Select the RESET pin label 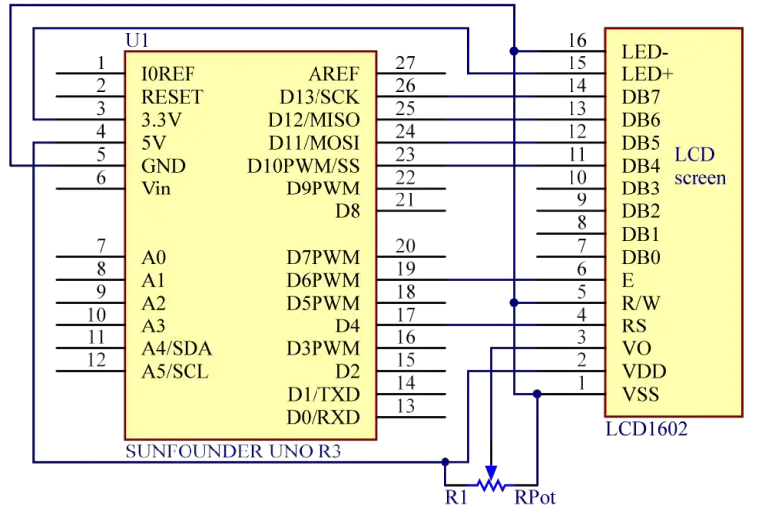(173, 97)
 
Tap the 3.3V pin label (163, 120)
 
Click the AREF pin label (334, 74)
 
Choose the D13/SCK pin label (319, 97)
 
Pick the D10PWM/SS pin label (304, 166)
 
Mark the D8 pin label (347, 211)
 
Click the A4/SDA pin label (177, 348)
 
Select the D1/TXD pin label (323, 394)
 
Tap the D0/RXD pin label (323, 417)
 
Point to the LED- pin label (645, 51)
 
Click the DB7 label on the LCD (640, 97)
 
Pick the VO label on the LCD (636, 348)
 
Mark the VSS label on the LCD (640, 395)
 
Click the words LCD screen (699, 166)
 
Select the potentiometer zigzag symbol (489, 483)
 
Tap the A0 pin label (153, 257)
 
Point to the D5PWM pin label (322, 303)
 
